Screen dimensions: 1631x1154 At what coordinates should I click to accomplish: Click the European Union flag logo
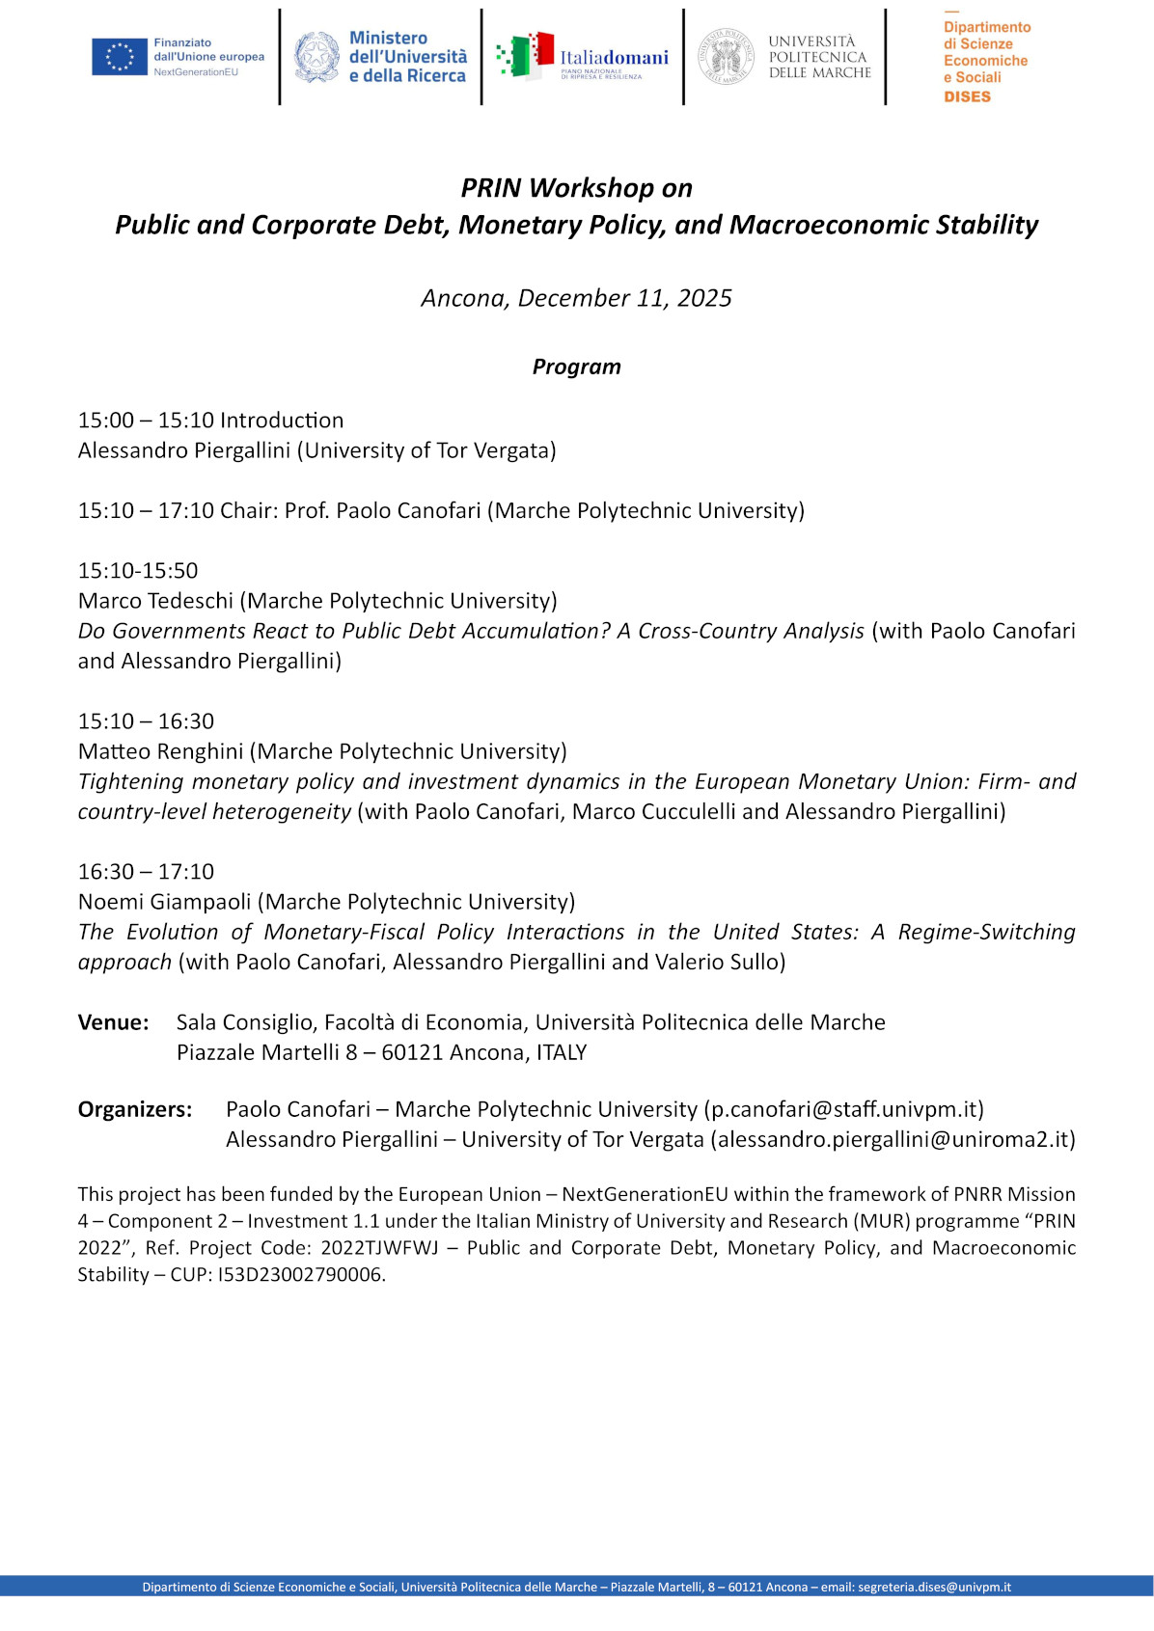point(120,57)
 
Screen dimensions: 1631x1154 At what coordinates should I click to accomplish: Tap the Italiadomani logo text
point(614,58)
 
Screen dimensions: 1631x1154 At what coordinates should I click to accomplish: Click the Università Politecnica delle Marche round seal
point(726,57)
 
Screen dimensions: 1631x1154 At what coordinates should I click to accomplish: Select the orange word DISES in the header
point(967,96)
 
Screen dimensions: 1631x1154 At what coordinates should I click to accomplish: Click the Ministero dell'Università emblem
point(316,57)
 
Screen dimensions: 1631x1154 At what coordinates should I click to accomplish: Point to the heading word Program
point(576,367)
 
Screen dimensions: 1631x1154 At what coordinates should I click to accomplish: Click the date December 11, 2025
point(624,298)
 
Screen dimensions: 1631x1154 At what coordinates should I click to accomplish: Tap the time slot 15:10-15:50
point(138,571)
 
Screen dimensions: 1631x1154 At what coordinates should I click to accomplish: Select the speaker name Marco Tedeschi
point(155,601)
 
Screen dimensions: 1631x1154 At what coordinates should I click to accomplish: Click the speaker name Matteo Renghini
point(160,751)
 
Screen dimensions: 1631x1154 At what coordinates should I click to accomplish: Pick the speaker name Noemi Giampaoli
point(164,902)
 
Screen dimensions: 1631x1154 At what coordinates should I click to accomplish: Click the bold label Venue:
point(113,1022)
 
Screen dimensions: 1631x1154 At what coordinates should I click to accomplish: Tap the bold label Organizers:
point(134,1109)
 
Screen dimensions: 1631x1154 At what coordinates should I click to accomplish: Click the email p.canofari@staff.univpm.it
point(843,1109)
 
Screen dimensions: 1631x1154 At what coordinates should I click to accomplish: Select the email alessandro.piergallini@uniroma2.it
point(893,1139)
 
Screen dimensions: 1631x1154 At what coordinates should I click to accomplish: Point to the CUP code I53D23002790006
point(300,1275)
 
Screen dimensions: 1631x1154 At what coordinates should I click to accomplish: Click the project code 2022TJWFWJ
point(379,1248)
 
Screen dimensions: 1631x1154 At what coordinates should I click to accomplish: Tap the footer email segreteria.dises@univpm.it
point(934,1587)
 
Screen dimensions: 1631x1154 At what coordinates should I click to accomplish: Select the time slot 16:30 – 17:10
point(146,872)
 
